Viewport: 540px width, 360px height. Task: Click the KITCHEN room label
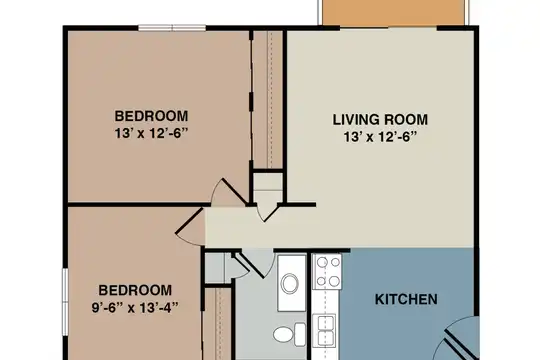[x=406, y=299]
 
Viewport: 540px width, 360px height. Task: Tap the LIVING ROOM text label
[x=380, y=120]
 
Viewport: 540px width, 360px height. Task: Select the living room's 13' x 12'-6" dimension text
[x=380, y=137]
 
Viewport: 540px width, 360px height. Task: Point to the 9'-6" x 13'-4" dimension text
[x=135, y=307]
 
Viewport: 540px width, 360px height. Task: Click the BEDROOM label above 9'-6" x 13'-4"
[x=135, y=290]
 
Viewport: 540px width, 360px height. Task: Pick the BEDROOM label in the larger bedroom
[x=151, y=116]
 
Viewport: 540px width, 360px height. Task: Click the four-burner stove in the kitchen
[x=327, y=272]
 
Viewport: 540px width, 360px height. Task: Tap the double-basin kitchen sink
[x=324, y=330]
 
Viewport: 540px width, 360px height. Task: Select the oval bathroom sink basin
[x=290, y=284]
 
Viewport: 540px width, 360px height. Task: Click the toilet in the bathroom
[x=289, y=334]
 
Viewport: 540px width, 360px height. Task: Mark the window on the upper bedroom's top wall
[x=172, y=28]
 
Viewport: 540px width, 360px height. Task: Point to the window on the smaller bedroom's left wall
[x=65, y=302]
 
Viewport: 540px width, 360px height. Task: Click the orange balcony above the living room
[x=393, y=12]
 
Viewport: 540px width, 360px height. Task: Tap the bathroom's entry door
[x=251, y=265]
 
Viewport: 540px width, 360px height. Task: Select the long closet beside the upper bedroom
[x=268, y=100]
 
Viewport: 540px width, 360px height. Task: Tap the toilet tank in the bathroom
[x=300, y=334]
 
